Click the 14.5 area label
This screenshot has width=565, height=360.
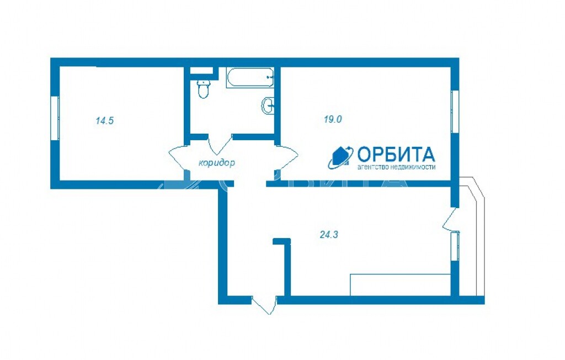104,120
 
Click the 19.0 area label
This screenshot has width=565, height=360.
333,119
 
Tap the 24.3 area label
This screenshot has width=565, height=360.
329,235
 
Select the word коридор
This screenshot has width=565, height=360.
217,163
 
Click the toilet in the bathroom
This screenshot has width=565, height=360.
204,89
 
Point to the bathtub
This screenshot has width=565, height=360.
250,77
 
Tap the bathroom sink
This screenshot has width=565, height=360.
268,105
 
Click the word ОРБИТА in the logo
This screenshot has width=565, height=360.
396,155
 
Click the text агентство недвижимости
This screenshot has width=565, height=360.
396,167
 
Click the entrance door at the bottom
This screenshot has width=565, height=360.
264,305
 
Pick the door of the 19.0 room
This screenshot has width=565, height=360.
287,157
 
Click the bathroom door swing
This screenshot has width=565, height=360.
220,144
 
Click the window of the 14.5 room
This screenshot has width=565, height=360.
55,118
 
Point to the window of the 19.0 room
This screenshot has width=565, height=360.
455,112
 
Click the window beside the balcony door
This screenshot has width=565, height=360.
455,246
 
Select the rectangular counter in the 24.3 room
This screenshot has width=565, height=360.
401,285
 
